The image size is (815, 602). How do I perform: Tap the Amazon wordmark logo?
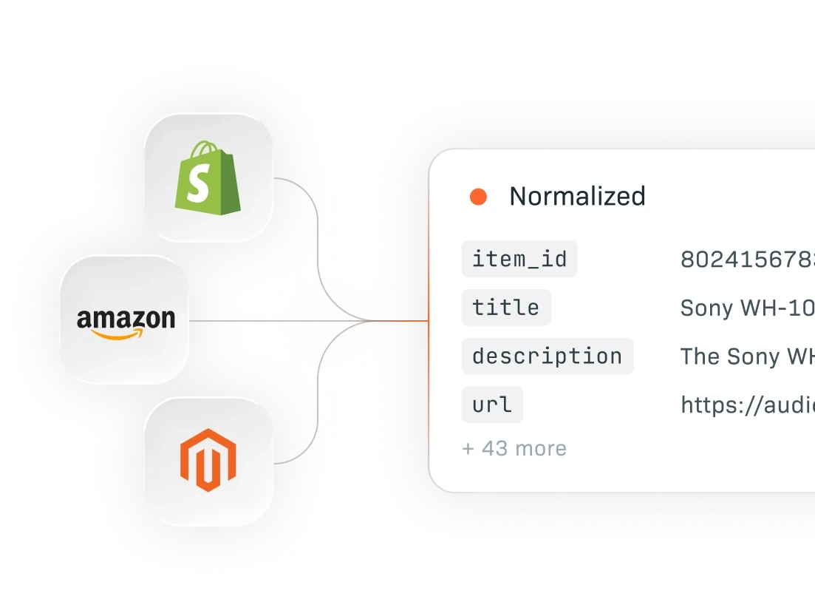[x=126, y=319]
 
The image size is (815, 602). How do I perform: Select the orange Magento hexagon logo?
[x=208, y=460]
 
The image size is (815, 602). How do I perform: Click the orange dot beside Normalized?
[x=478, y=197]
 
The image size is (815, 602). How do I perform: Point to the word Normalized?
[x=577, y=197]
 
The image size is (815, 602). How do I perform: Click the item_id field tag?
[x=519, y=260]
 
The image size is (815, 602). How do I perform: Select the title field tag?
[x=506, y=308]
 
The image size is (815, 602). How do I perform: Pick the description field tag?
[x=547, y=356]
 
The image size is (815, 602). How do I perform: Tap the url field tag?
[x=492, y=405]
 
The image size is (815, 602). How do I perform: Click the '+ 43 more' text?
[x=514, y=449]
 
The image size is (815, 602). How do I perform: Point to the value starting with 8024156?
[x=746, y=260]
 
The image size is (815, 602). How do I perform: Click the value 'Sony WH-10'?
[x=746, y=308]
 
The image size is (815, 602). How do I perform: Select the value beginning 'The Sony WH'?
[x=746, y=356]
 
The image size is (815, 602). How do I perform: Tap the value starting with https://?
[x=746, y=405]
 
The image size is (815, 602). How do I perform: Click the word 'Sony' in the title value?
[x=706, y=308]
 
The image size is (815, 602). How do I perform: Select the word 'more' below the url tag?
[x=541, y=449]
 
